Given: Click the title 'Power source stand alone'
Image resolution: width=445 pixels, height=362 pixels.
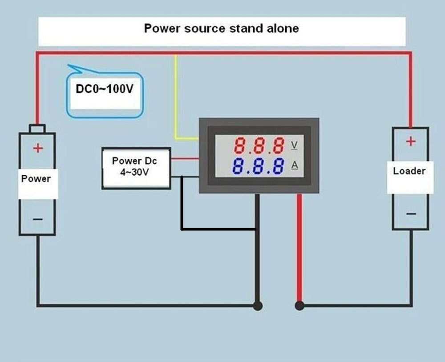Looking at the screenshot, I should click(x=221, y=28).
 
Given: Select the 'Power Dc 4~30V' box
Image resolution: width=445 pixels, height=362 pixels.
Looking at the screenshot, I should click(x=136, y=168).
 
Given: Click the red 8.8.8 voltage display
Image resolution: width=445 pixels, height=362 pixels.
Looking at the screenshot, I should click(x=259, y=145).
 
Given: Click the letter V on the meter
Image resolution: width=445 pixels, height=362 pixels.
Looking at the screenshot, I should click(x=294, y=145).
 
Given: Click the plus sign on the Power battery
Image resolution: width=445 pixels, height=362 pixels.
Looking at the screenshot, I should click(x=38, y=148).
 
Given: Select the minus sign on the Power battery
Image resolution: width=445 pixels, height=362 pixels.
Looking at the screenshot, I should click(x=38, y=219).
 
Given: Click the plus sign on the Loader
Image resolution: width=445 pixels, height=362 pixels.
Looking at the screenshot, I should click(x=410, y=142).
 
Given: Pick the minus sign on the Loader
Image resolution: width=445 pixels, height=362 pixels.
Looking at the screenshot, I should click(x=411, y=214).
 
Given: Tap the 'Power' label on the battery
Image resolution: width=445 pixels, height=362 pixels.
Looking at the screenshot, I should click(x=36, y=179).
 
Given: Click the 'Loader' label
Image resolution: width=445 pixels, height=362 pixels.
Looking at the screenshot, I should click(x=409, y=171).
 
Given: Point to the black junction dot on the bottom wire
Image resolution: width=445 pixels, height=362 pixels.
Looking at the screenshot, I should click(x=257, y=306).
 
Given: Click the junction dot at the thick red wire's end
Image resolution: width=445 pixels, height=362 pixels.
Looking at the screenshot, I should click(x=299, y=306).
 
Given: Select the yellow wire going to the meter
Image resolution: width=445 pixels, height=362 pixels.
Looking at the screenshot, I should click(x=176, y=98).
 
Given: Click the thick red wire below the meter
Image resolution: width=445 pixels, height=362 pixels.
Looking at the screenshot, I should click(x=299, y=249).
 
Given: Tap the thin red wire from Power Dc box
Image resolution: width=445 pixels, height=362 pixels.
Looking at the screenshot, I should click(x=184, y=158).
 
